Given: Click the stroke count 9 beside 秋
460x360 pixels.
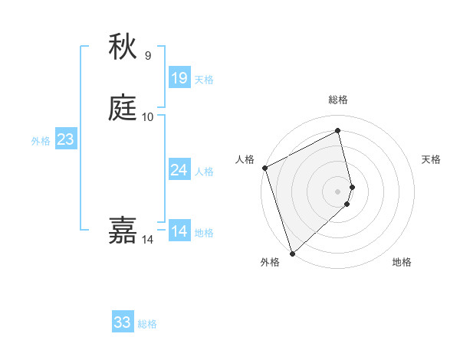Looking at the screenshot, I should point(147,55).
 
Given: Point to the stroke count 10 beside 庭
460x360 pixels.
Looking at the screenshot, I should point(147,116).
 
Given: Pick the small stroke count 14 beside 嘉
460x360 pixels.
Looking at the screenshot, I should point(147,240).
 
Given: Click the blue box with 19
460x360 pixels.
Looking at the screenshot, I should point(179,77).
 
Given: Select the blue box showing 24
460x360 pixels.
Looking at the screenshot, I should point(179,169).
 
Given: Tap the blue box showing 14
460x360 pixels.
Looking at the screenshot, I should point(179,231).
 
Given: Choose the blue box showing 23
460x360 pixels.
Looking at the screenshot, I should point(65,139).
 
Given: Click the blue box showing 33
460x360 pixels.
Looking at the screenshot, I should point(123,322).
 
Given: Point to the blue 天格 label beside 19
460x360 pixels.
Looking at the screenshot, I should point(204,80).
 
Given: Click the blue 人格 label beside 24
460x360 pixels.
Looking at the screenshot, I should point(204,172).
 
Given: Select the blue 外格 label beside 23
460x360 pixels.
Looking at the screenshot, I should point(41,141).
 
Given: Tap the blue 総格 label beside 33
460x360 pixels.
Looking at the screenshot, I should point(147,325).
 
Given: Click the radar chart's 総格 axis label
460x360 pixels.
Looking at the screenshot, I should point(338,100).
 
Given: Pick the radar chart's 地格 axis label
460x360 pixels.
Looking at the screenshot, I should point(402,262).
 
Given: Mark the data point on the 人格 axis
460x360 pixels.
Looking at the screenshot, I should point(264,168).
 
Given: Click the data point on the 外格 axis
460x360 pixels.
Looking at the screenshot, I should point(292,252).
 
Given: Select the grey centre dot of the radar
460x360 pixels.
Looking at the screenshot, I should point(338,191).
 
